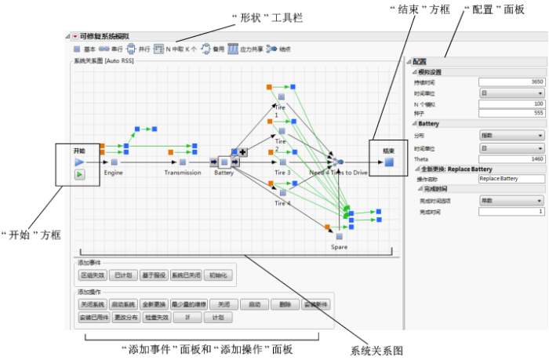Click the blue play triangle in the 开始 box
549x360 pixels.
pos(79,161)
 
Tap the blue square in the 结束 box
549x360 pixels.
pos(388,162)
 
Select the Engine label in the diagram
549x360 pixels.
pos(114,172)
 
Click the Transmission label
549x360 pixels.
pos(183,172)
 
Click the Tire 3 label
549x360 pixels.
pos(282,172)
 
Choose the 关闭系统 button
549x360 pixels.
pos(93,304)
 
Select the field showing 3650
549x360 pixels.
pos(511,81)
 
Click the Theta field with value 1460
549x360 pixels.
pos(511,158)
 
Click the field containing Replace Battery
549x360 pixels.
pos(511,179)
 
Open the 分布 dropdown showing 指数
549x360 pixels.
pos(511,135)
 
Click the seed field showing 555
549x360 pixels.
pos(511,111)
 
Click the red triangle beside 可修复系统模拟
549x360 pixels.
pos(75,36)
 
